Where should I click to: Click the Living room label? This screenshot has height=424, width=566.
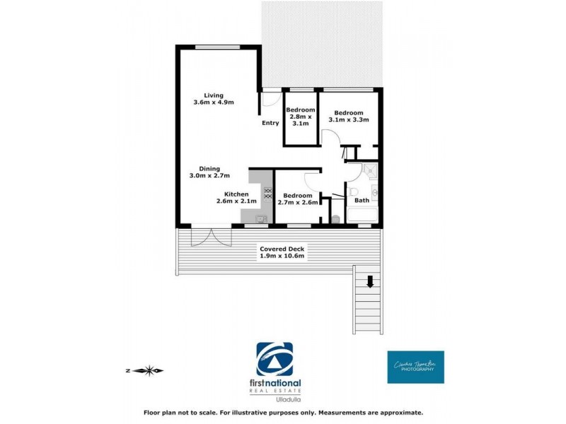[x=213, y=99]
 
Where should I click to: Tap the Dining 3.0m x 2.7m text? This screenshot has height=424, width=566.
[x=209, y=172]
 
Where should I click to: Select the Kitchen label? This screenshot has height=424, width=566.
[x=236, y=197]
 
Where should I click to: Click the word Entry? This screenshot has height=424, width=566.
[x=270, y=123]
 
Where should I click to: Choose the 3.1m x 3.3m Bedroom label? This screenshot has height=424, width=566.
[x=348, y=117]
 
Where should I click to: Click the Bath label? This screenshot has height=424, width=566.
[x=361, y=200]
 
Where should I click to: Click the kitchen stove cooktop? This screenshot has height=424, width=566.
[x=267, y=192]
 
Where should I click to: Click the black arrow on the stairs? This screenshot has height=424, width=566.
[x=369, y=283]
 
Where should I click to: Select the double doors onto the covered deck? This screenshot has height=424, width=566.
[x=210, y=235]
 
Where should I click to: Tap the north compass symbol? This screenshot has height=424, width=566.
[x=146, y=370]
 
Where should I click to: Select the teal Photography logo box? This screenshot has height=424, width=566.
[x=415, y=367]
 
